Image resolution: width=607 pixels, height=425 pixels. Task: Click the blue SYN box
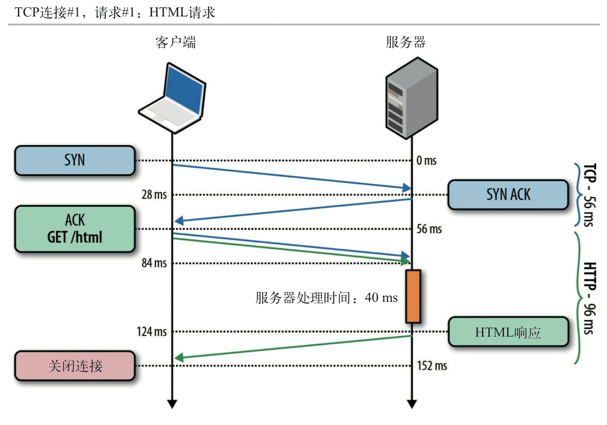pos(75,160)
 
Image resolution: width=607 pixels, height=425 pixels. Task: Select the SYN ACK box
pos(508,194)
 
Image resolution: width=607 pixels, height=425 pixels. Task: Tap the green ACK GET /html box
pos(75,229)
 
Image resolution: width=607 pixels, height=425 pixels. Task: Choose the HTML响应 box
pos(508,332)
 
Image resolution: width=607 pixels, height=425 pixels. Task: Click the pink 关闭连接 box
pos(75,365)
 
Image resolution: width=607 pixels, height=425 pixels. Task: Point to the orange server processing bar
pos(413,296)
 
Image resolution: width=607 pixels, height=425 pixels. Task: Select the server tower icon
pos(412,97)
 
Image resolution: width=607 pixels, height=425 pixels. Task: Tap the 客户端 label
pos(176,43)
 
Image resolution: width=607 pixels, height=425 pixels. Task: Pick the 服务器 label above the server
pos(406,43)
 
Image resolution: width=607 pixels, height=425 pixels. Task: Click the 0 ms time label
pos(426,161)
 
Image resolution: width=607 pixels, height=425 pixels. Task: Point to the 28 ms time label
pos(154,195)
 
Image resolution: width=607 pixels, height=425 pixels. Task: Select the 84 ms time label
pos(154,263)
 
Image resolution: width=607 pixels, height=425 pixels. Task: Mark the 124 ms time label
pos(152,332)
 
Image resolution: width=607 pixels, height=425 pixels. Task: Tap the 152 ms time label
pos(431,366)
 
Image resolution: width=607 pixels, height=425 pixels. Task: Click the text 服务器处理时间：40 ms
pos(327,298)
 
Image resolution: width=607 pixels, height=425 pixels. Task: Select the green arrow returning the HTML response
pos(292,347)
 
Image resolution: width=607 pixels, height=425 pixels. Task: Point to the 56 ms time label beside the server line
pos(429,229)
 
